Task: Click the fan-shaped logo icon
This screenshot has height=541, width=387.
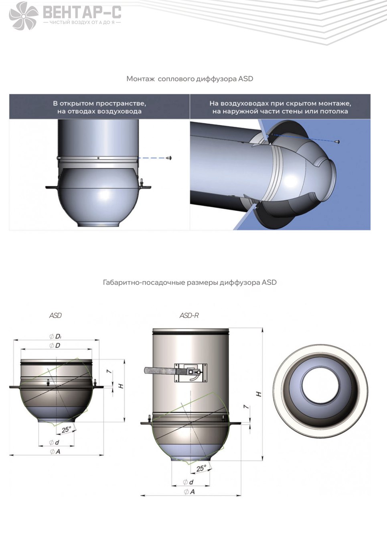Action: pos(24,16)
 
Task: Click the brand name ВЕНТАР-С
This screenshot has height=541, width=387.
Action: pos(82,12)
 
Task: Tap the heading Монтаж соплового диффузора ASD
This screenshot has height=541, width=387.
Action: pos(190,79)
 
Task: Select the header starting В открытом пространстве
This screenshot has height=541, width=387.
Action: pos(99,107)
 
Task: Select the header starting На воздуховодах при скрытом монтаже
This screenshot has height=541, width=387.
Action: pos(280,107)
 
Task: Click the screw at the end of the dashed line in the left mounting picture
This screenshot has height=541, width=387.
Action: pos(169,158)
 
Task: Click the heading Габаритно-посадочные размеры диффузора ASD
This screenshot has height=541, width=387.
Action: pos(190,283)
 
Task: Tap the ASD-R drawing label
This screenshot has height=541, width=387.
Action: pos(189,315)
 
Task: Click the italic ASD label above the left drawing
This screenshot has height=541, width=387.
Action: pos(56,315)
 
